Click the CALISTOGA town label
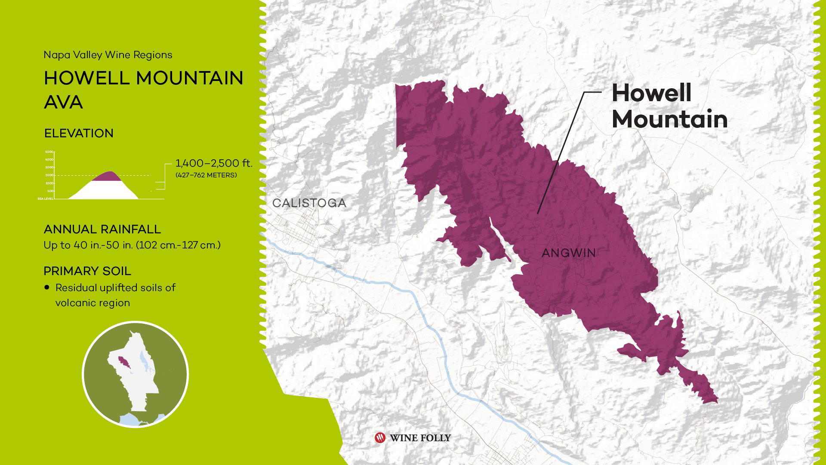pyautogui.click(x=309, y=203)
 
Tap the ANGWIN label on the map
pyautogui.click(x=568, y=253)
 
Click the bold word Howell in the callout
pyautogui.click(x=651, y=93)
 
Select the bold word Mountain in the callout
pyautogui.click(x=669, y=119)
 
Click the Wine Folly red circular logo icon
pyautogui.click(x=380, y=438)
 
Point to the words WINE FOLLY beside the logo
pyautogui.click(x=420, y=438)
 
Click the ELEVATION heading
pyautogui.click(x=79, y=133)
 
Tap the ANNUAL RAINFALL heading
pyautogui.click(x=102, y=229)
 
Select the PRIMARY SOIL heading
pyautogui.click(x=87, y=271)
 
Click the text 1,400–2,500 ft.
pyautogui.click(x=214, y=164)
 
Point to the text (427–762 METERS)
pyautogui.click(x=206, y=175)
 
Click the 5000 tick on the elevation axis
pyautogui.click(x=49, y=152)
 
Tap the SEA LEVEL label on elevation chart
pyautogui.click(x=45, y=199)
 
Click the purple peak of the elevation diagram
pyautogui.click(x=108, y=176)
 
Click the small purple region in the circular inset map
pyautogui.click(x=123, y=361)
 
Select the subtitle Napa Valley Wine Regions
pyautogui.click(x=108, y=55)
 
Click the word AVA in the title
pyautogui.click(x=63, y=102)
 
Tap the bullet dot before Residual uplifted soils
pyautogui.click(x=47, y=287)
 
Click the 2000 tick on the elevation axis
pyautogui.click(x=49, y=175)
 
